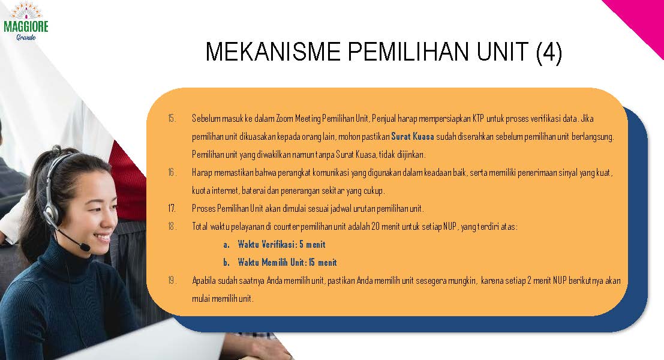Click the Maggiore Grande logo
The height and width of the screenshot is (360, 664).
point(26,21)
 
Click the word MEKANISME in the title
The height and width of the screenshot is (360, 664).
point(273,52)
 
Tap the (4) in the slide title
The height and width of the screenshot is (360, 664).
point(549,53)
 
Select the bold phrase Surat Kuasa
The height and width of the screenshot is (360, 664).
point(413,136)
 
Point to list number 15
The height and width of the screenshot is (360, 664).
point(172,118)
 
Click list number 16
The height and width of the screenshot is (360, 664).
point(172,172)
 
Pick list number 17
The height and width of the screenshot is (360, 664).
point(172,208)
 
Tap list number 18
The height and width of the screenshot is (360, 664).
point(172,226)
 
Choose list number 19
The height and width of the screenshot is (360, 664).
point(172,280)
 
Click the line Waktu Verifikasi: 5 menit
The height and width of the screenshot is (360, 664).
point(281,244)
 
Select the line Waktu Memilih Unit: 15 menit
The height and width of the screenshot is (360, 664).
point(287,262)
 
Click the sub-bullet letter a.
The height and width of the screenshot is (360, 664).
point(226,245)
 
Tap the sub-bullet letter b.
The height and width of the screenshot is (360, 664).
point(226,263)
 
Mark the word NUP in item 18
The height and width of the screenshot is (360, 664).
point(450,226)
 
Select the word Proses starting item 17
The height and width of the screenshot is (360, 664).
point(204,208)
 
